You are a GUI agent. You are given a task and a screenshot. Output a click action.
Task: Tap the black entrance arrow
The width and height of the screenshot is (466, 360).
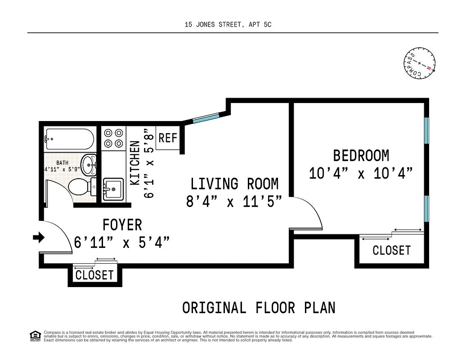(39, 237)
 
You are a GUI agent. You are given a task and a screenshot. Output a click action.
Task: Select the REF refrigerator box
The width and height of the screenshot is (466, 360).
(168, 138)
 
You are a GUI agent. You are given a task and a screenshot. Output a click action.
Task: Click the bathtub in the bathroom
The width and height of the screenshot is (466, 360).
(70, 139)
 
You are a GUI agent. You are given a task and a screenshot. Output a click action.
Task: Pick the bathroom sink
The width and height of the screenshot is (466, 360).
(89, 165)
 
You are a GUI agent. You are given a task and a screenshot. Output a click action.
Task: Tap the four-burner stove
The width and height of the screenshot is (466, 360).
(113, 138)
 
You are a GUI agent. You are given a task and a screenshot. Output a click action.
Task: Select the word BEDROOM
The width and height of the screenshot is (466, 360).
(361, 156)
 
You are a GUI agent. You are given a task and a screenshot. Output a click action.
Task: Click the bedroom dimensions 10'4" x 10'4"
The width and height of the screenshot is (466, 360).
(361, 173)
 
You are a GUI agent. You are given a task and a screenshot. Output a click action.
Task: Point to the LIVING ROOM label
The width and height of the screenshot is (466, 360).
(234, 184)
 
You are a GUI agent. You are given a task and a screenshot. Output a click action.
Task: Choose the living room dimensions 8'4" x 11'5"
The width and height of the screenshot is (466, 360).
(234, 202)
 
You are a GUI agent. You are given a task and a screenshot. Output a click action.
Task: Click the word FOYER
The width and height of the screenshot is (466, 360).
(122, 225)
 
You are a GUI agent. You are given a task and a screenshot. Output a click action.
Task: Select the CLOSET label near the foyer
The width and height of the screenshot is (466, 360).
(94, 275)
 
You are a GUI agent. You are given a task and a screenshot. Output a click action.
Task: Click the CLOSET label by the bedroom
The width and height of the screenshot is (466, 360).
(391, 250)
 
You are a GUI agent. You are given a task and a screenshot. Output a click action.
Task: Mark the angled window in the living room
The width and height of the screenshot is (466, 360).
(206, 118)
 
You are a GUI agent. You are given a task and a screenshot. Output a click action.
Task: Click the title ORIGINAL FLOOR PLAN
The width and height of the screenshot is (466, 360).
(259, 308)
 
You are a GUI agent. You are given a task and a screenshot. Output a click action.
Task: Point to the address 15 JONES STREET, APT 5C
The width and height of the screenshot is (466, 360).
(228, 25)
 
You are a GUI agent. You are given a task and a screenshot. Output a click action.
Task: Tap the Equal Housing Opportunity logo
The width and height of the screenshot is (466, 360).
(34, 335)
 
